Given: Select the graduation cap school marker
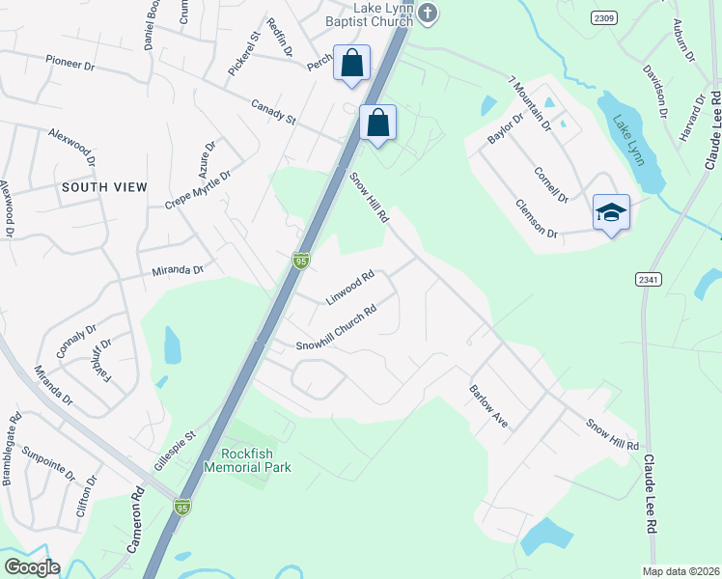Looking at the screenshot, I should tap(611, 211).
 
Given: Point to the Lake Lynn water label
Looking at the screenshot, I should tap(628, 141).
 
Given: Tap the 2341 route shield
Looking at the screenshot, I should tap(649, 279).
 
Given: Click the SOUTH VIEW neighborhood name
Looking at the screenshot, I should tap(104, 186).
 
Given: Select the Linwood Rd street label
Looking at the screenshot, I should tap(349, 288).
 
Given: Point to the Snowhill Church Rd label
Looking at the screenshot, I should tap(336, 330).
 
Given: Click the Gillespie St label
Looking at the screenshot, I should tap(175, 450).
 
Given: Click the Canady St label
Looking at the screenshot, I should tap(273, 112).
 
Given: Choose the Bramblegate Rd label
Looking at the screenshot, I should tap(12, 449).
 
